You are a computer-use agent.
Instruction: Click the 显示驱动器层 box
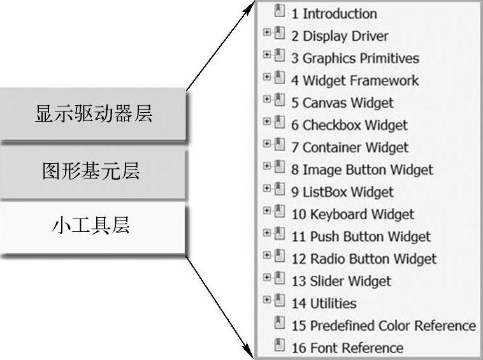[x=93, y=115]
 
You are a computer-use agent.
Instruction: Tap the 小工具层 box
[x=93, y=226]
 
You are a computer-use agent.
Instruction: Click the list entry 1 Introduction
[x=334, y=13]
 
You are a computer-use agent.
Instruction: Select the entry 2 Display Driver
[x=340, y=36]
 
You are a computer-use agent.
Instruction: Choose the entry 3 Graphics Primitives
[x=355, y=58]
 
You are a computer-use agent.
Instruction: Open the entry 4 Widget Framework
[x=355, y=80]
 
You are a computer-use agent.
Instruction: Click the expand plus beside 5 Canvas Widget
[x=267, y=99]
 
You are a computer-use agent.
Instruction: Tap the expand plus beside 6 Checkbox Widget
[x=267, y=122]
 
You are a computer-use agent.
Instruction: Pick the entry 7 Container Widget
[x=350, y=147]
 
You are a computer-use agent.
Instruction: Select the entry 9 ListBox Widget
[x=342, y=192]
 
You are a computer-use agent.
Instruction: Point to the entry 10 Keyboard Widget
[x=352, y=214]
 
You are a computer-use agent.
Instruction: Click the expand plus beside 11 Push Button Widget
[x=267, y=233]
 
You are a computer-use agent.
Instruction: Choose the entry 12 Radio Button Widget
[x=364, y=259]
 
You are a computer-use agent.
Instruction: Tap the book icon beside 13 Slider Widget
[x=279, y=278]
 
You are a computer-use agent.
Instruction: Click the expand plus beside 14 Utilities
[x=267, y=300]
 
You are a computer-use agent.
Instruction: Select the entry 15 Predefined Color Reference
[x=384, y=326]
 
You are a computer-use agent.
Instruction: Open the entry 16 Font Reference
[x=347, y=348]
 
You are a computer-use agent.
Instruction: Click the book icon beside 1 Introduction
[x=279, y=11]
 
